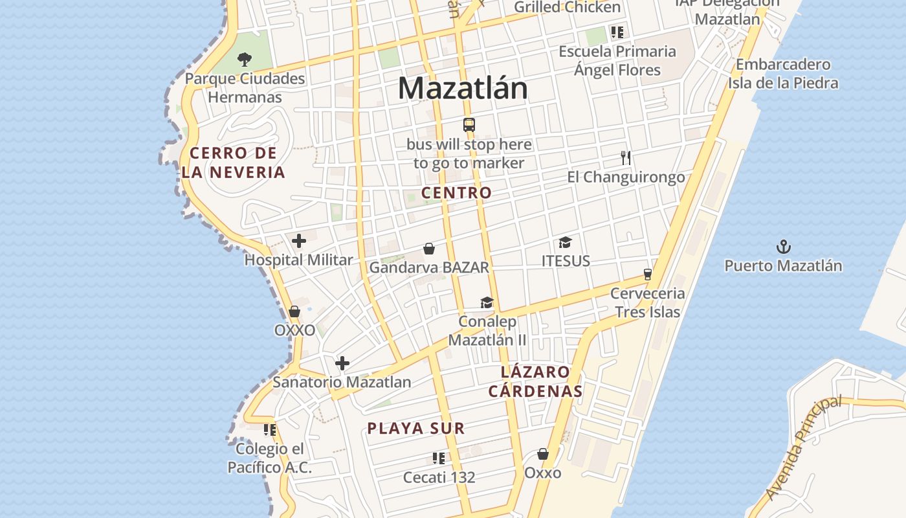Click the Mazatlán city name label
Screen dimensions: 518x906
click(463, 88)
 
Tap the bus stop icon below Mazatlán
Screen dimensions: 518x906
click(469, 125)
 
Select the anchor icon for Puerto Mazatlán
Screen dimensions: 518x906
click(784, 247)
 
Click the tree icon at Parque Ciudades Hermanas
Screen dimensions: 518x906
click(244, 60)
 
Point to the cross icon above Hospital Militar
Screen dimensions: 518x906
click(299, 242)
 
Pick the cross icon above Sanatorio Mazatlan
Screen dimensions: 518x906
click(342, 363)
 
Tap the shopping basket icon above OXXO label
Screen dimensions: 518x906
click(294, 311)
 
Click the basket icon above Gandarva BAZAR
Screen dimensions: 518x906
click(429, 249)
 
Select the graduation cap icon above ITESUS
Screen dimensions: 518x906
click(566, 243)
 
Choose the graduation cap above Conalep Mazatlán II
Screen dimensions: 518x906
click(487, 302)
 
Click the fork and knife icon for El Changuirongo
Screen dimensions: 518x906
click(626, 158)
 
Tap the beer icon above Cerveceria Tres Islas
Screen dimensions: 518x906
click(647, 275)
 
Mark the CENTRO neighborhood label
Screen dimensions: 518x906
click(456, 193)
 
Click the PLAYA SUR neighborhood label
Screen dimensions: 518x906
click(416, 429)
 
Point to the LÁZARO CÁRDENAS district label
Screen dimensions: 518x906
click(535, 382)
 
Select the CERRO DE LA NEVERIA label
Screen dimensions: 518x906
click(234, 163)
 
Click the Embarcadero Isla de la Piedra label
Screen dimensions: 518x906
click(783, 74)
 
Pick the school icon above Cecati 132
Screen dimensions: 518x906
click(439, 458)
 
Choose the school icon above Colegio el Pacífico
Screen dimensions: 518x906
click(270, 429)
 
